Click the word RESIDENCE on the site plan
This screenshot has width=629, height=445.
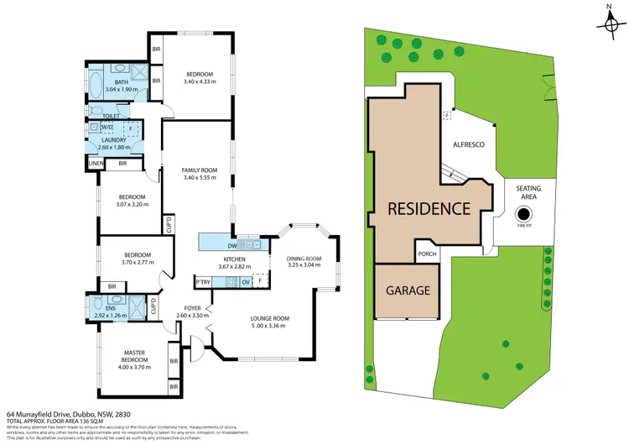point(428,209)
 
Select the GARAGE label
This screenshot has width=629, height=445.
point(408,291)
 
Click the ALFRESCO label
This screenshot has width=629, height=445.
point(470,144)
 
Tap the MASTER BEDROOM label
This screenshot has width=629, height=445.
point(134,355)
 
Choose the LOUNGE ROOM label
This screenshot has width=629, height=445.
point(269,318)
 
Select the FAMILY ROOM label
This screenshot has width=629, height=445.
point(200,170)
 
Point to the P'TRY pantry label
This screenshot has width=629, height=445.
point(202,281)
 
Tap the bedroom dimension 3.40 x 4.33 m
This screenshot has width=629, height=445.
point(200,81)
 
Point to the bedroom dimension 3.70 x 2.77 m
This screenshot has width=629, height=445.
point(137,263)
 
